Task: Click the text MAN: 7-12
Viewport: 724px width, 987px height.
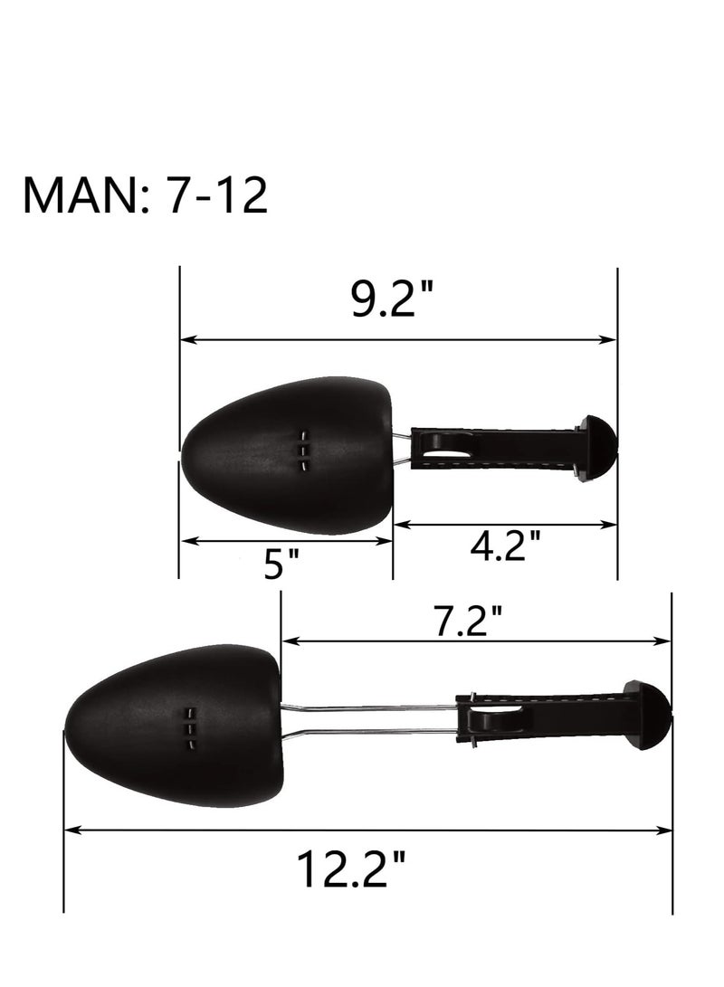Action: (146, 195)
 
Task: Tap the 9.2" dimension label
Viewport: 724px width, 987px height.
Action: (392, 299)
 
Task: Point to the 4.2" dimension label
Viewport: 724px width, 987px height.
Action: (506, 545)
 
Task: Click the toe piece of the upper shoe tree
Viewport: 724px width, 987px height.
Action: (288, 456)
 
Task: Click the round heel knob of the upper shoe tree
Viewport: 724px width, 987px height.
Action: (599, 448)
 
